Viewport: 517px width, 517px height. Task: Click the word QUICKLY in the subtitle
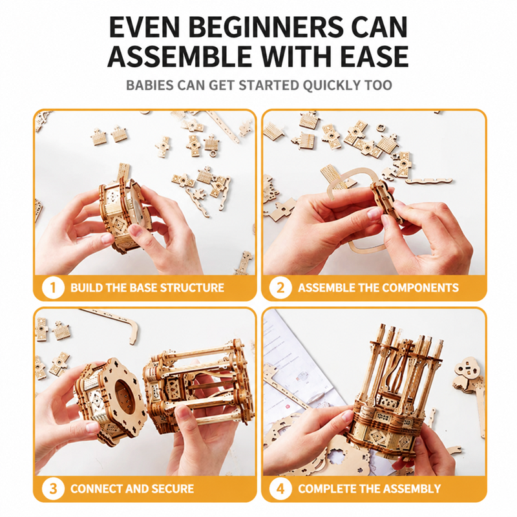332,85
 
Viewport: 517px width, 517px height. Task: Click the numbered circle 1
53,288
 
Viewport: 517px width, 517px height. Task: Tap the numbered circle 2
280,288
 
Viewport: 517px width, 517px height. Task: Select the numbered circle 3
53,489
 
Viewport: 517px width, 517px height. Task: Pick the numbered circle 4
280,489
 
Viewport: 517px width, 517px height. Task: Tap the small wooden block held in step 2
386,201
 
